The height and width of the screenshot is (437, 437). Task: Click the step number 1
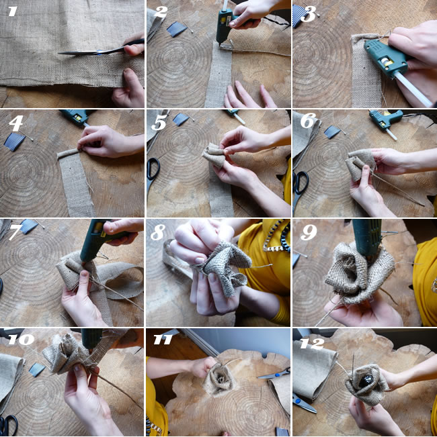[x=12, y=11]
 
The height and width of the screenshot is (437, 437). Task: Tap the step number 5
[x=159, y=122]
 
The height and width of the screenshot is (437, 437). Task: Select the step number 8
[x=158, y=232]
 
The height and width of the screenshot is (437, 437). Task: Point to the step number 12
[x=312, y=344]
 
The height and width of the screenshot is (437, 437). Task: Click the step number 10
[x=22, y=339]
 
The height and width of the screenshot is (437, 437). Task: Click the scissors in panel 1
[x=101, y=48]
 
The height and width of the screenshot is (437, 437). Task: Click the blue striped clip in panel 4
[x=15, y=142]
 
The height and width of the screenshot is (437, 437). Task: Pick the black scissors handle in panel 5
[x=153, y=169]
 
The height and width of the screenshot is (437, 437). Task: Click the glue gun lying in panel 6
[x=387, y=121]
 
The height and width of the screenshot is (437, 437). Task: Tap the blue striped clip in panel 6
[x=332, y=132]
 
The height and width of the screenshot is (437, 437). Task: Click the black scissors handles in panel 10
[x=8, y=425]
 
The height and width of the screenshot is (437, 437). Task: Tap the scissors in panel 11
[x=274, y=373]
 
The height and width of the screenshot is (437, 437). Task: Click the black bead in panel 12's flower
[x=366, y=381]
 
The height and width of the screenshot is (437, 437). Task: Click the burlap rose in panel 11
[x=219, y=379]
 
